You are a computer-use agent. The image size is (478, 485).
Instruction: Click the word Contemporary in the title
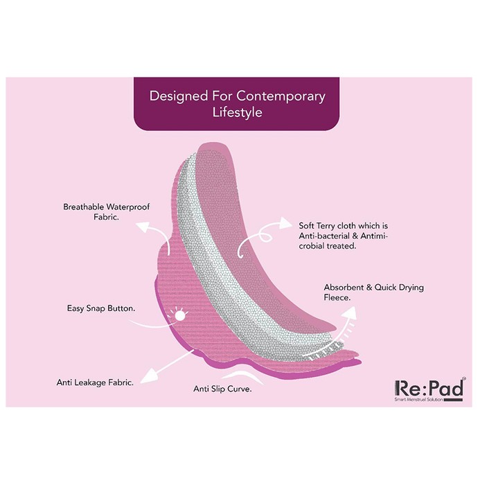(281, 96)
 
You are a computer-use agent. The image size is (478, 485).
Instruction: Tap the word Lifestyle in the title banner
(237, 112)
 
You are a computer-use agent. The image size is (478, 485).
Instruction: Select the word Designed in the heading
(179, 96)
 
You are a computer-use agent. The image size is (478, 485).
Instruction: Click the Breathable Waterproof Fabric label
(107, 212)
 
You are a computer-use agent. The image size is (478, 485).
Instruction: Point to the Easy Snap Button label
(101, 308)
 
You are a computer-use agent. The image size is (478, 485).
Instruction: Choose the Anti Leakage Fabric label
(95, 382)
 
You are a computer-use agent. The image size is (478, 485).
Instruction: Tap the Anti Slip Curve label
(222, 389)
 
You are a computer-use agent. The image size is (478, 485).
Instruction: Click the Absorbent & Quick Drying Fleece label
(374, 292)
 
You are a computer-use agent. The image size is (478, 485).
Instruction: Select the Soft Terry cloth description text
(343, 236)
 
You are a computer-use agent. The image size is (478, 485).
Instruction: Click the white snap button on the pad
(179, 315)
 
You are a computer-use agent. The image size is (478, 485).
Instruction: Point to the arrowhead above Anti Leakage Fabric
(149, 376)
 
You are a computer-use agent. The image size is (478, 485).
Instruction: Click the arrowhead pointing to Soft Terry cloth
(285, 223)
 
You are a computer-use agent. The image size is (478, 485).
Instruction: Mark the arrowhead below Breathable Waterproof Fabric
(143, 227)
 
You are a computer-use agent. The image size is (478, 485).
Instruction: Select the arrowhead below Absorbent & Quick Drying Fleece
(349, 313)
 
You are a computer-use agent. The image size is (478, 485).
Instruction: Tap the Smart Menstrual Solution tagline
(418, 400)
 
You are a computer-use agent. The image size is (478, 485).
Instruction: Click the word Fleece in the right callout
(337, 297)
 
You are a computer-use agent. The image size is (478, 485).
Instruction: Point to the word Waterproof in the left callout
(127, 207)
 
